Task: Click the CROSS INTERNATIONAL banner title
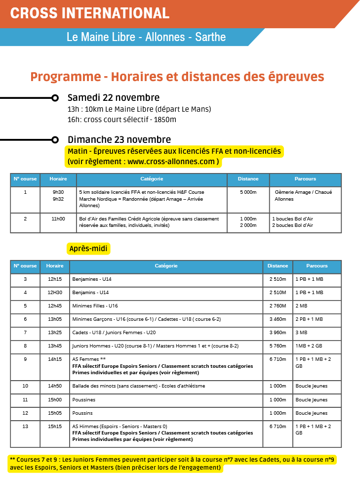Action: click(89, 13)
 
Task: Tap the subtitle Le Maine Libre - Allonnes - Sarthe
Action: click(146, 37)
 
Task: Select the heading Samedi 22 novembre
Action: click(113, 97)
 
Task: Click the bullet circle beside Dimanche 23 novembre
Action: click(55, 140)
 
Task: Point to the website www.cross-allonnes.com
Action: click(171, 162)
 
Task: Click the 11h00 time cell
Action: click(58, 218)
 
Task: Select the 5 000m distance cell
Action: click(248, 192)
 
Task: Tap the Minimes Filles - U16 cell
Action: click(95, 306)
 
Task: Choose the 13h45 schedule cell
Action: click(55, 346)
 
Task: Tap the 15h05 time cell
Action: click(55, 413)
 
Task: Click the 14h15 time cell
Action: click(55, 359)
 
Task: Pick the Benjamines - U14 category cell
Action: click(92, 279)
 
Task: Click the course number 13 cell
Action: click(25, 426)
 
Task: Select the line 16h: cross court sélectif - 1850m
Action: click(122, 120)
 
